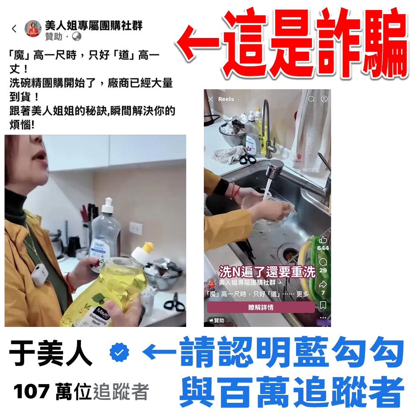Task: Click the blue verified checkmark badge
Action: point(119,352)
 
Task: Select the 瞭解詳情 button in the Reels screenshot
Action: point(261,307)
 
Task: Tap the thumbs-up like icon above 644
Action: point(323,240)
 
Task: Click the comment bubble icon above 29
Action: point(323,262)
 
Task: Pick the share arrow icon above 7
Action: point(323,284)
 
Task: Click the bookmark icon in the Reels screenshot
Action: point(323,305)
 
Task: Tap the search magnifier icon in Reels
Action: point(311,99)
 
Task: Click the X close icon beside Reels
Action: point(211,99)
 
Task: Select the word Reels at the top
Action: point(226,99)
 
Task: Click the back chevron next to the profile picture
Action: point(14,28)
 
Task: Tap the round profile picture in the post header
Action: point(33,28)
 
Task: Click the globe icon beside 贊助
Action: point(77,36)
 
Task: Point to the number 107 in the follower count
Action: point(31,392)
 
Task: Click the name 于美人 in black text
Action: point(50,353)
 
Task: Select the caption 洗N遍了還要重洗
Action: point(267,272)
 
